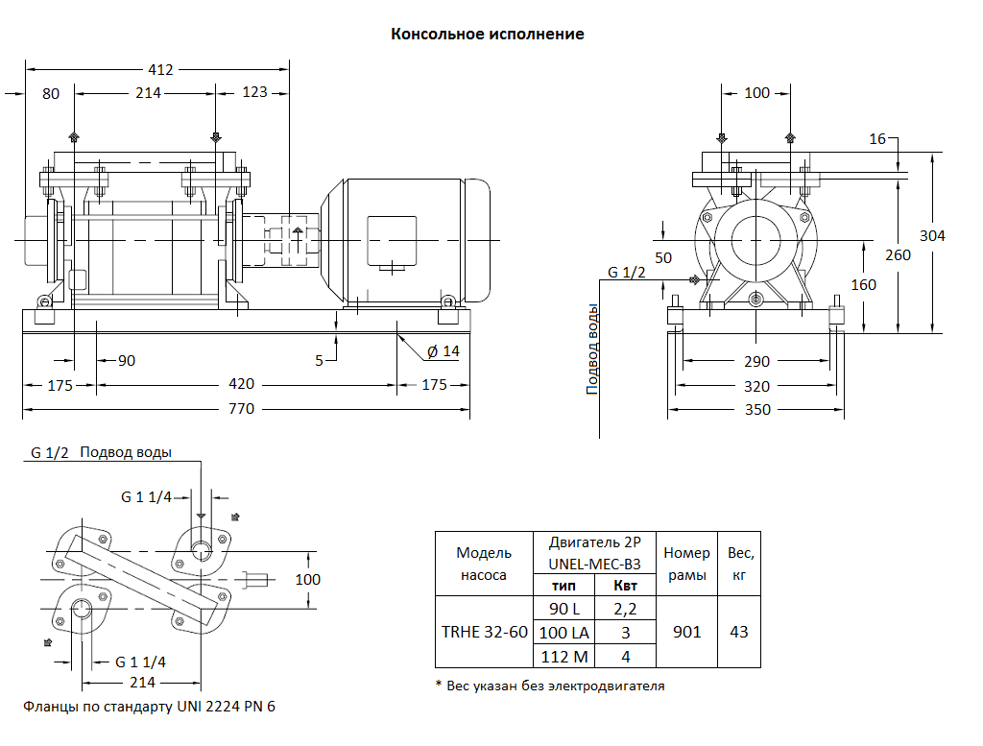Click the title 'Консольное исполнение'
[x=487, y=35]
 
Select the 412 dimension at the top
[x=160, y=69]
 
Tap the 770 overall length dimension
[x=241, y=409]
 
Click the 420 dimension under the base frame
[x=241, y=384]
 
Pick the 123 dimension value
[x=254, y=93]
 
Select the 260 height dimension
[x=898, y=255]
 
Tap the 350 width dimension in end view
[x=757, y=410]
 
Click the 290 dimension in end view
[x=757, y=362]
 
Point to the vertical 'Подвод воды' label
[x=593, y=349]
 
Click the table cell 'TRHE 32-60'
[x=484, y=632]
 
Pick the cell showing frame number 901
[x=686, y=632]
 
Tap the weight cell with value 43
[x=739, y=632]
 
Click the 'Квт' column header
[x=625, y=586]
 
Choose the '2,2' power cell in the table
[x=625, y=608]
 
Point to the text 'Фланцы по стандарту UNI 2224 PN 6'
[x=149, y=707]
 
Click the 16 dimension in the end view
[x=877, y=140]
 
